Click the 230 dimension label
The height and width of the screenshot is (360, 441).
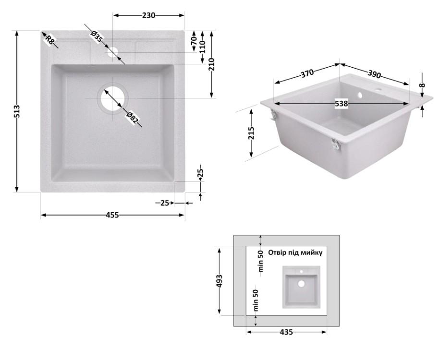(148, 15)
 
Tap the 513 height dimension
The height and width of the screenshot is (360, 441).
(17, 111)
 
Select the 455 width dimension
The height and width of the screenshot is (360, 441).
(112, 215)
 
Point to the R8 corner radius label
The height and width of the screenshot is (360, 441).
(49, 40)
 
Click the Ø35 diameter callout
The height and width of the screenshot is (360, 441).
(97, 37)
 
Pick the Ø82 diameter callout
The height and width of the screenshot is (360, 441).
(133, 118)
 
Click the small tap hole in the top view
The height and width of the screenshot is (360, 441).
(113, 52)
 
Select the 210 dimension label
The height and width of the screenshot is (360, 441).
(212, 64)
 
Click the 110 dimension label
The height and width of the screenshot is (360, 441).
(203, 47)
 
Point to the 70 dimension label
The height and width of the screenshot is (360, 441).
(194, 41)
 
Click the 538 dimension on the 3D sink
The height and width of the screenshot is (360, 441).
(341, 103)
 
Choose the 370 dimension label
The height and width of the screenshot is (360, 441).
(307, 73)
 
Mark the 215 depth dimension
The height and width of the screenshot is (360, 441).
(251, 133)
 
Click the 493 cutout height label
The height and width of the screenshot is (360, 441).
(220, 280)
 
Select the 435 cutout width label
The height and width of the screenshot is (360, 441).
(286, 332)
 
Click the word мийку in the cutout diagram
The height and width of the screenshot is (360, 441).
(311, 252)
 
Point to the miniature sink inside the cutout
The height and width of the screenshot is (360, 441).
(301, 287)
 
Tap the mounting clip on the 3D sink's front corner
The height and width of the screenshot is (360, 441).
(335, 144)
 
